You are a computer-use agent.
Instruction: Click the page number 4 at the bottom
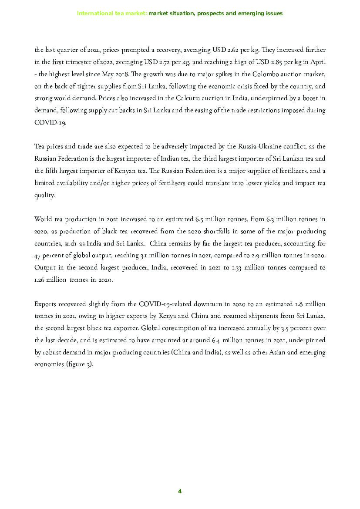[x=180, y=492]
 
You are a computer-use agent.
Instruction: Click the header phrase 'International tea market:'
[x=112, y=13]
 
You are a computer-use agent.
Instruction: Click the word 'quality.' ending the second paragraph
[x=45, y=195]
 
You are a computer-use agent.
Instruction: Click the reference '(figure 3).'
[x=80, y=364]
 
